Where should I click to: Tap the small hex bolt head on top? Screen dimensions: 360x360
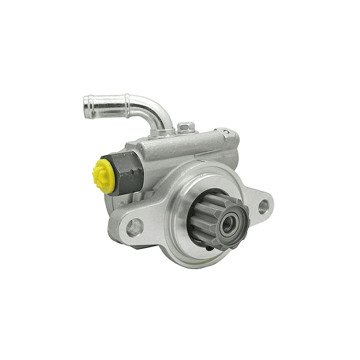coord(186,126)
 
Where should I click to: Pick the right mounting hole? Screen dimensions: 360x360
coord(264,207)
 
